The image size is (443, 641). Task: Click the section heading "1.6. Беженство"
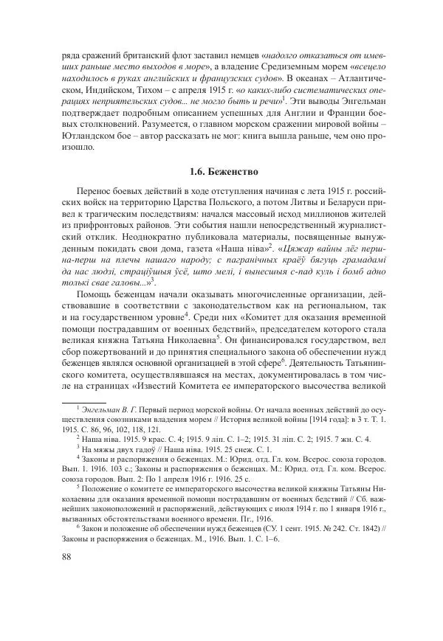tap(222, 173)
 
